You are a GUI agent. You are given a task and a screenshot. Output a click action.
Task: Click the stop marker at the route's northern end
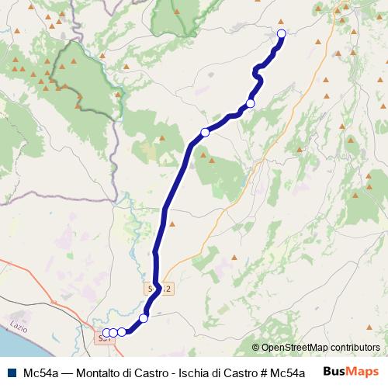(281, 33)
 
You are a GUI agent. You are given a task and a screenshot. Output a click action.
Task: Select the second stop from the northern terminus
(251, 104)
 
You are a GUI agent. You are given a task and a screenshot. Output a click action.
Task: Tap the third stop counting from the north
(205, 132)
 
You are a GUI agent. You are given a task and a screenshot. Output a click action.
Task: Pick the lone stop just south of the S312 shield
(144, 318)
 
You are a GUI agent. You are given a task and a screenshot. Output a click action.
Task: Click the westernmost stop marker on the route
(106, 333)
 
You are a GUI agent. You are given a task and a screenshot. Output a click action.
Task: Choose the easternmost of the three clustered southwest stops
(122, 333)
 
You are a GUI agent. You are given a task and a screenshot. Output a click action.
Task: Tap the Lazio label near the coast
(18, 321)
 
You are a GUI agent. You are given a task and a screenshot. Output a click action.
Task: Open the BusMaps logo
(352, 372)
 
